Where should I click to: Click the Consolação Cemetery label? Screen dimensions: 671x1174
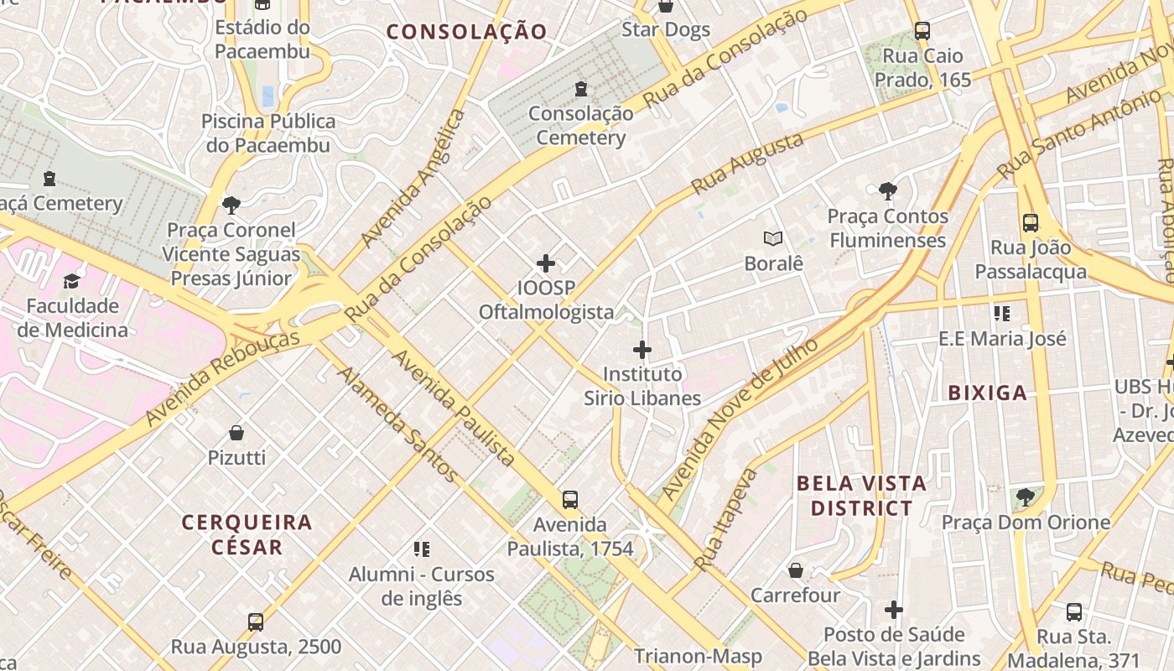coord(580,126)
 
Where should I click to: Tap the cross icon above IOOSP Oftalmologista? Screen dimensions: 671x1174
coord(546,263)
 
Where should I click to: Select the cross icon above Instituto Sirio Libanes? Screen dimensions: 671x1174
coord(642,349)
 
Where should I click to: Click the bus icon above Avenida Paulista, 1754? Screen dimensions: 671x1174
coord(570,500)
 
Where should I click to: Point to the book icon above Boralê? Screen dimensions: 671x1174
coord(773,239)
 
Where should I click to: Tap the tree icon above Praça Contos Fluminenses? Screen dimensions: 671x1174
coord(887,191)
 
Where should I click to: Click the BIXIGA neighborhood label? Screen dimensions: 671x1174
coord(987,393)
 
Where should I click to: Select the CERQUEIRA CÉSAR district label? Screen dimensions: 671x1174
coord(247,534)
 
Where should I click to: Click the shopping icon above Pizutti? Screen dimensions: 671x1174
coord(236,433)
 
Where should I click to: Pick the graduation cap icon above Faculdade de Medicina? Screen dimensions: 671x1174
coord(72,281)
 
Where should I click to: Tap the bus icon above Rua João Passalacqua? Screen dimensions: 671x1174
coord(1031,223)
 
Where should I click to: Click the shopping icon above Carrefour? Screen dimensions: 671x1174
coord(795,571)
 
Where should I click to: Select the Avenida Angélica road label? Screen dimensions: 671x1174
coord(413,179)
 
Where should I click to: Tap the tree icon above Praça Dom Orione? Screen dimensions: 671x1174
coord(1026,497)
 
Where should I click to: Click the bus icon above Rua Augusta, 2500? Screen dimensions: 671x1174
coord(256,622)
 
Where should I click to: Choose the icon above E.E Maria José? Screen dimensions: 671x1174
coord(1002,314)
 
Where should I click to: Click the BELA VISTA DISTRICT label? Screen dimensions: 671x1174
coord(861,496)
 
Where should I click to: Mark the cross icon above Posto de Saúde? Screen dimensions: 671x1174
coord(894,610)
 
